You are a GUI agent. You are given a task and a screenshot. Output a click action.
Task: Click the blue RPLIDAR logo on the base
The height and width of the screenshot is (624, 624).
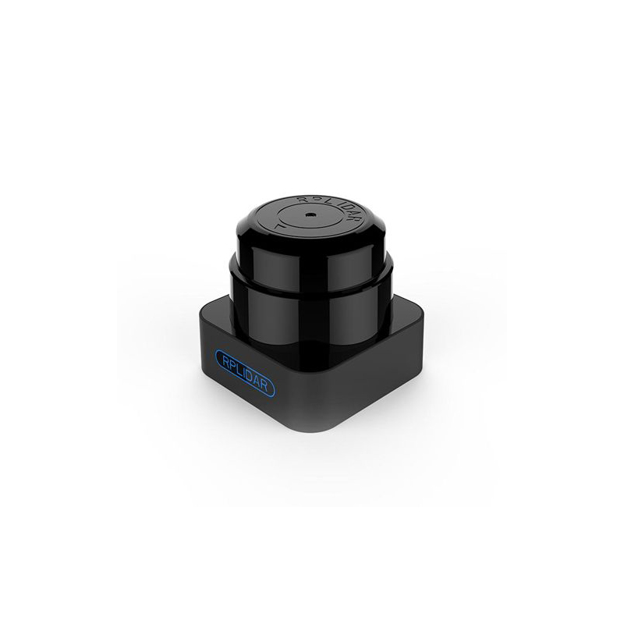245,374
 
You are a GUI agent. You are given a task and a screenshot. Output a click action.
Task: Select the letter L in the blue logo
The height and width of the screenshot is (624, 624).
238,368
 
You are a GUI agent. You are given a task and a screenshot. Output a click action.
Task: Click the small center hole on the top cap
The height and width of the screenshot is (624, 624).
309,215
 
